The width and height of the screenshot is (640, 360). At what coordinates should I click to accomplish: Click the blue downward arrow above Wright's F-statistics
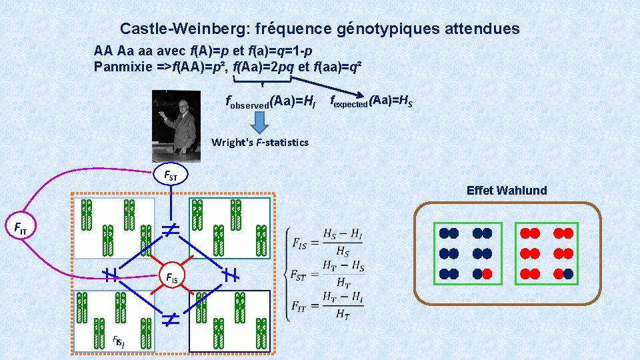pos(259,122)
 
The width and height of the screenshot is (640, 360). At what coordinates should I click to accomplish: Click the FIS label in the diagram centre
pos(172,277)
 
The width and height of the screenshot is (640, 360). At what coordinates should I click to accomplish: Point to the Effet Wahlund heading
pos(507,191)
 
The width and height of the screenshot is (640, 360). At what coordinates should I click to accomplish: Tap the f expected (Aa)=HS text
pos(371,101)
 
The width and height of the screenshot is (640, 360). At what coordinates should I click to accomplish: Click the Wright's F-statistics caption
pos(259,142)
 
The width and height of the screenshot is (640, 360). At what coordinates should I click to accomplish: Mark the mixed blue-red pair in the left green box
pos(482,273)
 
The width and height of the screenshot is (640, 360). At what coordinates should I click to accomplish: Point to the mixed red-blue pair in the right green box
pos(563,273)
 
